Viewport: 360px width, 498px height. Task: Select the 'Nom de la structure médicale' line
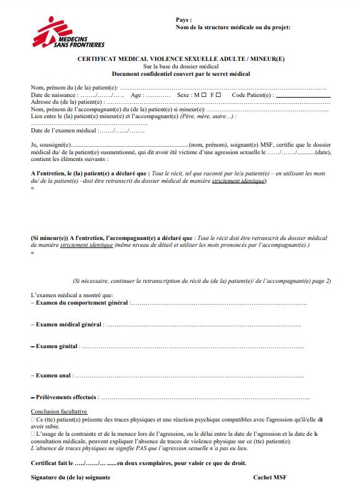coord(233,27)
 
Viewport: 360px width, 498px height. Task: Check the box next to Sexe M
coord(204,95)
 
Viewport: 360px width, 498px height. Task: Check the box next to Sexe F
coord(219,95)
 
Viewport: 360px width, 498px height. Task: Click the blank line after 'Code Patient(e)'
coord(303,96)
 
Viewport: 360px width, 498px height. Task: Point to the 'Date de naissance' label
coord(54,95)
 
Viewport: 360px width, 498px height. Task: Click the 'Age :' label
coord(137,95)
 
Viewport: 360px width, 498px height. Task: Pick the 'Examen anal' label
coord(52,376)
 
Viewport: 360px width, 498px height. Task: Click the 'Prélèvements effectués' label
coord(65,397)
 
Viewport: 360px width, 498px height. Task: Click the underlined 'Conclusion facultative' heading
coord(59,412)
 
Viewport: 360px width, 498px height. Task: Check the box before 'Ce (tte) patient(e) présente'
coord(33,420)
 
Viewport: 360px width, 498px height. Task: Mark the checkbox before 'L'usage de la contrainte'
coord(33,433)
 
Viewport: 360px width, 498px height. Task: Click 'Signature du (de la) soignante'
coord(71,477)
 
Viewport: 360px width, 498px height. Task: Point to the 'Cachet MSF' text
coord(270,477)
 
